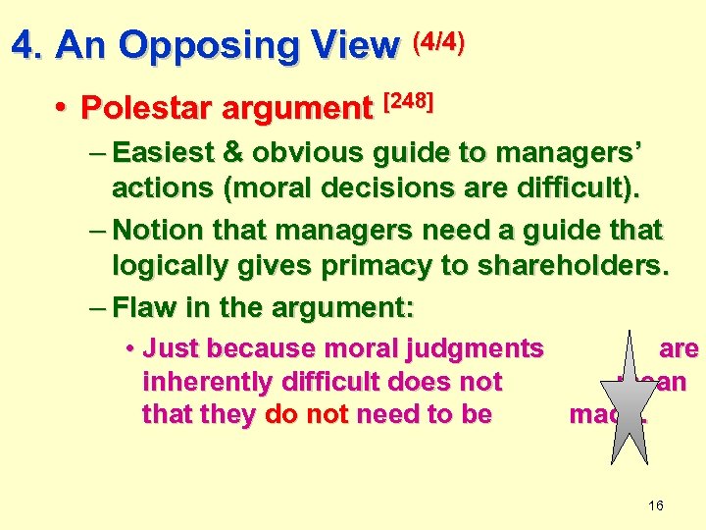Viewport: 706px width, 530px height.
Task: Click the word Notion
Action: (157, 231)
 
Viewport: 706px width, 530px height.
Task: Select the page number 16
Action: (656, 505)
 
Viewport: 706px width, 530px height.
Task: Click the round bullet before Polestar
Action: (61, 107)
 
